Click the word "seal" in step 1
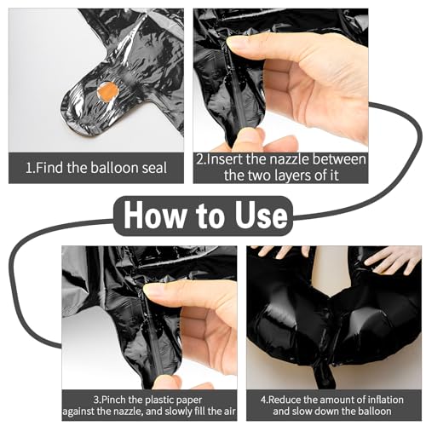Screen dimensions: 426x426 154,168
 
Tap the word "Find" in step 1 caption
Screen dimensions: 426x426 49,168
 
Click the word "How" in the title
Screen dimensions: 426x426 154,216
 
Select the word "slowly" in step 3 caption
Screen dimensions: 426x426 178,412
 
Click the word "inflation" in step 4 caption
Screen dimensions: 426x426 385,400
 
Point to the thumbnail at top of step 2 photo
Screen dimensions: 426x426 239,42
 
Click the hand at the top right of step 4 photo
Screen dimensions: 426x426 394,260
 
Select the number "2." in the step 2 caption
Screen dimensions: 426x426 201,159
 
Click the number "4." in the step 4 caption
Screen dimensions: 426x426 264,400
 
